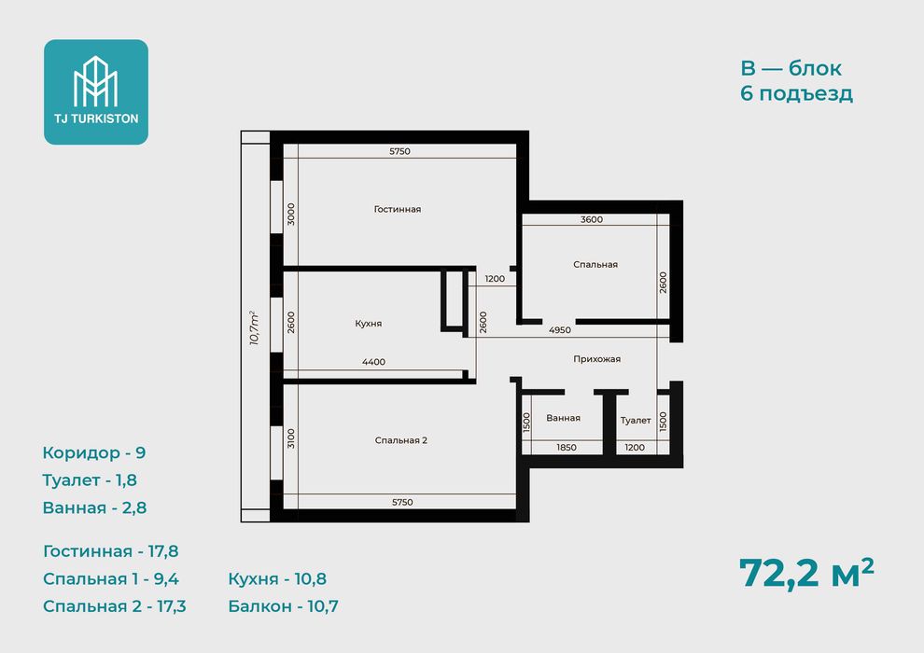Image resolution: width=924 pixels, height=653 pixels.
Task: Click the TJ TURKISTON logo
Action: pyautogui.click(x=96, y=91)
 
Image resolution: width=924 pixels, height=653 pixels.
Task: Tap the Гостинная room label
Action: pyautogui.click(x=398, y=209)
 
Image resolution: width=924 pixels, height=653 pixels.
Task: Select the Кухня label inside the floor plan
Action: pyautogui.click(x=369, y=324)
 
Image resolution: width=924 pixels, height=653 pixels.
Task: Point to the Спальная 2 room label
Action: pyautogui.click(x=400, y=440)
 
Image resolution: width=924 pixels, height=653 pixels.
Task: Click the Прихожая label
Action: pyautogui.click(x=597, y=359)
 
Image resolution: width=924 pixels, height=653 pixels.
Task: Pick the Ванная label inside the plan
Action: pyautogui.click(x=564, y=418)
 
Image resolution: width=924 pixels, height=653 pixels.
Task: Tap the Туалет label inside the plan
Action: pyautogui.click(x=636, y=421)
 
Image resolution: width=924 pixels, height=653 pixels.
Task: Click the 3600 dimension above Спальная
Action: pyautogui.click(x=592, y=219)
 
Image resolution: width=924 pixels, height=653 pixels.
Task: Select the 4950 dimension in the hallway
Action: pyautogui.click(x=560, y=330)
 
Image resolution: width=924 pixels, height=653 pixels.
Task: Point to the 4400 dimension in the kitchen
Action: pyautogui.click(x=373, y=362)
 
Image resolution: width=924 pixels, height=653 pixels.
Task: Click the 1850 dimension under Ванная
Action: pyautogui.click(x=567, y=448)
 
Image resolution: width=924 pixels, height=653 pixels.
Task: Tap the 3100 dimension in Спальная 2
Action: pyautogui.click(x=291, y=438)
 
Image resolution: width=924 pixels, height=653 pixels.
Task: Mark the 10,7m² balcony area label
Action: pyautogui.click(x=255, y=327)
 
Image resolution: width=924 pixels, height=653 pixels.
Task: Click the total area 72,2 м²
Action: pyautogui.click(x=806, y=573)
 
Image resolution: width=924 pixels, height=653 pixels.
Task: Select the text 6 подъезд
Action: pyautogui.click(x=797, y=93)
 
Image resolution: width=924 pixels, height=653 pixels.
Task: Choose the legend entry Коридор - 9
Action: pyautogui.click(x=94, y=452)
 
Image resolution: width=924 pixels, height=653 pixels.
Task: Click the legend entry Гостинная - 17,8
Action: pyautogui.click(x=111, y=551)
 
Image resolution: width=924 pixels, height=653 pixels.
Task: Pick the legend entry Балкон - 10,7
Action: pyautogui.click(x=284, y=606)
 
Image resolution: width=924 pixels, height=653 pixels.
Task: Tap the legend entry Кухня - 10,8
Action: pyautogui.click(x=277, y=578)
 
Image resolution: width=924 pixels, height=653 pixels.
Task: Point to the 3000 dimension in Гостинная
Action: pyautogui.click(x=291, y=215)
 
